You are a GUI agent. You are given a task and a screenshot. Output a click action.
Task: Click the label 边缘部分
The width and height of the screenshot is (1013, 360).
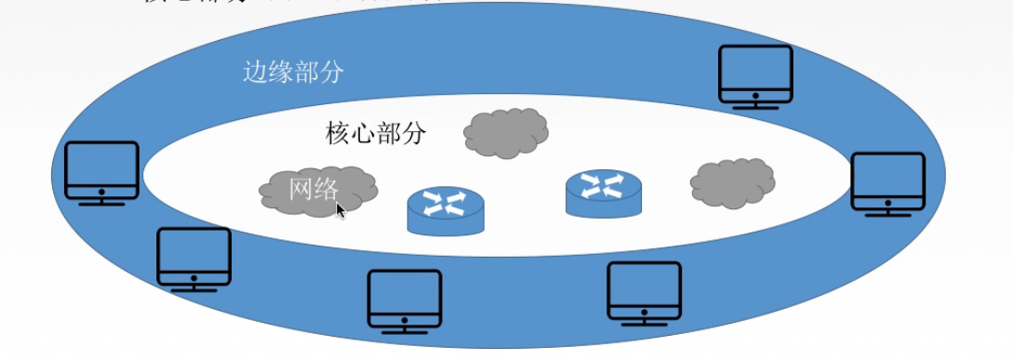[293, 73]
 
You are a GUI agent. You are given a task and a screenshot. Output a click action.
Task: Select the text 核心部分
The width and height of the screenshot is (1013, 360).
[376, 133]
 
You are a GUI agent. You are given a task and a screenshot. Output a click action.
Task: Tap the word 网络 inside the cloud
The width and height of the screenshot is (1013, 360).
[313, 189]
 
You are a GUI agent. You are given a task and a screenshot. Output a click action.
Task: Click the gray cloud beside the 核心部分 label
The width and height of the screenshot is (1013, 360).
[505, 132]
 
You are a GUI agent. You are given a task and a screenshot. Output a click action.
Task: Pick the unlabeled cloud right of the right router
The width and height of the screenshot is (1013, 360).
[733, 182]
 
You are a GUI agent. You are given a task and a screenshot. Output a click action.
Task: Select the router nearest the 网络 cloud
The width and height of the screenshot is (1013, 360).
[446, 210]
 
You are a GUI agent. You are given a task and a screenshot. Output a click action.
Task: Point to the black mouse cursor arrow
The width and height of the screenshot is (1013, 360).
[340, 210]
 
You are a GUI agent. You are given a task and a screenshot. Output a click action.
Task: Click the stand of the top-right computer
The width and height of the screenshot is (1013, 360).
[755, 104]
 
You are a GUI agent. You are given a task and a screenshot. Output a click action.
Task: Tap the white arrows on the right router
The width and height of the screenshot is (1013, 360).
[604, 185]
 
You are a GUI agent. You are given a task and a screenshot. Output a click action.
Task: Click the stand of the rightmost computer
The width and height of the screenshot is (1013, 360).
[888, 212]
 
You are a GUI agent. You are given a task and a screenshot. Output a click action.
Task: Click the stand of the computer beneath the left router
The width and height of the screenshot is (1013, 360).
[405, 329]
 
